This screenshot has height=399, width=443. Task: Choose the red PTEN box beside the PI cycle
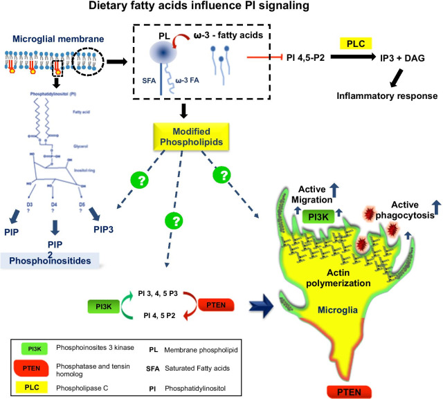(x=221, y=304)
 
